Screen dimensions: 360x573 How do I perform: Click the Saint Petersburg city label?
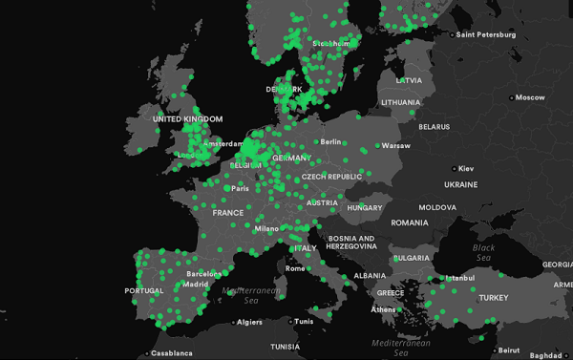487,35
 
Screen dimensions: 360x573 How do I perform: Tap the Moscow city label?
529,97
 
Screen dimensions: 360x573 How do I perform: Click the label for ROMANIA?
410,222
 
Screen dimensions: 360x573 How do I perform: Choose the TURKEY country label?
494,297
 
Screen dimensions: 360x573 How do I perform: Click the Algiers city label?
248,322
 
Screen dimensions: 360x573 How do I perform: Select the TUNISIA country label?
285,346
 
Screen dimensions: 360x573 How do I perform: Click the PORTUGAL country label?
144,291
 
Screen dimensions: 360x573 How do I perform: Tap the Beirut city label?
512,349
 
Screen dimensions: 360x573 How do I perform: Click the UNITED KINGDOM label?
187,118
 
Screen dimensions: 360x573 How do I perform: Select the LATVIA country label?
409,80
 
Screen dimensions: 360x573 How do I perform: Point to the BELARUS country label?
434,126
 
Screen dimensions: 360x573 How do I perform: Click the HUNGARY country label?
365,207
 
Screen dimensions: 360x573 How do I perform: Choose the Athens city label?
384,308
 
